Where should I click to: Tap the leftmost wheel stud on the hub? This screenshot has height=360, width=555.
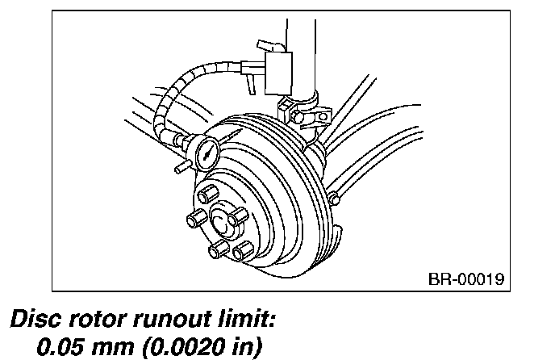[194, 220]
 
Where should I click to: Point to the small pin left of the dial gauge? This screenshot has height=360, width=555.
[179, 167]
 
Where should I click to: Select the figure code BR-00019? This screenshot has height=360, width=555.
[465, 279]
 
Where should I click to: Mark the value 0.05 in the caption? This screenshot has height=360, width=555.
[64, 347]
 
